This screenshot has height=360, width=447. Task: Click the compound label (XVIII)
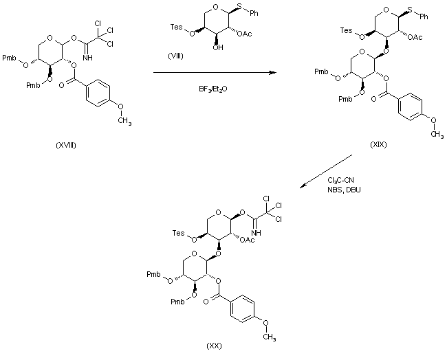pyautogui.click(x=66, y=146)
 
